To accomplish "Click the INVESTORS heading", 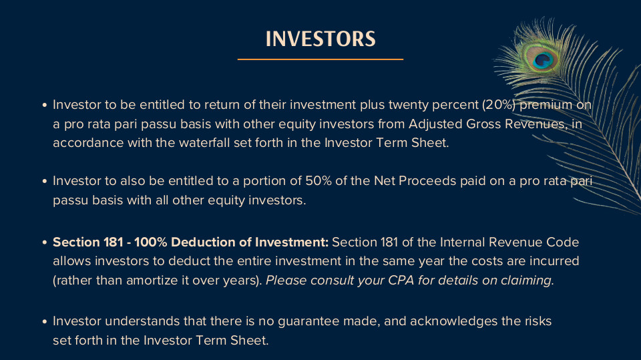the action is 320,39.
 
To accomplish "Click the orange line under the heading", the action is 320,59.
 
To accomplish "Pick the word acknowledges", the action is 453,321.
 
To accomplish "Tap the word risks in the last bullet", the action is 538,321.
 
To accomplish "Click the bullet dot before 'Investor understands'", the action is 45,321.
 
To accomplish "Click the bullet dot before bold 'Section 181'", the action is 45,242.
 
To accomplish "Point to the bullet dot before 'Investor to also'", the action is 45,181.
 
